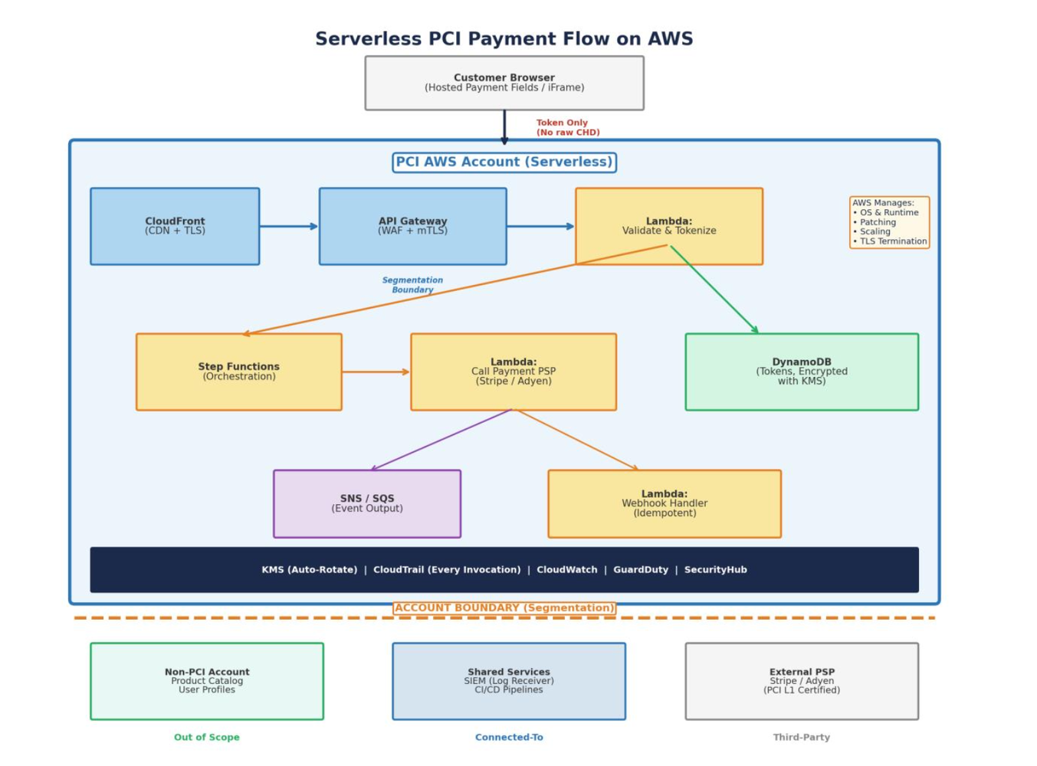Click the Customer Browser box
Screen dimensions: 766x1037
[504, 83]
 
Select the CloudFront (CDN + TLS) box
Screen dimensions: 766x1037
[175, 226]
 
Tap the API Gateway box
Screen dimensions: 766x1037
[412, 226]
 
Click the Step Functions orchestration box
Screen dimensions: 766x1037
[238, 372]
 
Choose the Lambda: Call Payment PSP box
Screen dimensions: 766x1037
[513, 372]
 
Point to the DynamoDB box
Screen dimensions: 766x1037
[802, 372]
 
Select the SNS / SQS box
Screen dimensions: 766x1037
[367, 503]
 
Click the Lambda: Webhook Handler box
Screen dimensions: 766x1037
[665, 503]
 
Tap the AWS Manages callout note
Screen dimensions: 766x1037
[889, 222]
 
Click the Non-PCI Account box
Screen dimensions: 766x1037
[207, 681]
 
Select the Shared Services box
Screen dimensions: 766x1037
[509, 681]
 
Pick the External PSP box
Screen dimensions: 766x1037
[802, 681]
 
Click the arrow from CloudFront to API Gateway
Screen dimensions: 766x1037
[289, 226]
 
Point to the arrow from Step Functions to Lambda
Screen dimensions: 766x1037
[376, 372]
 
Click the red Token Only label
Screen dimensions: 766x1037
[567, 127]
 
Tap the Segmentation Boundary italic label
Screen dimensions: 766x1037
[412, 285]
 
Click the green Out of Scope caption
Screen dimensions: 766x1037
[207, 737]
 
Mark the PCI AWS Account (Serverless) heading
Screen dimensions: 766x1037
[504, 162]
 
